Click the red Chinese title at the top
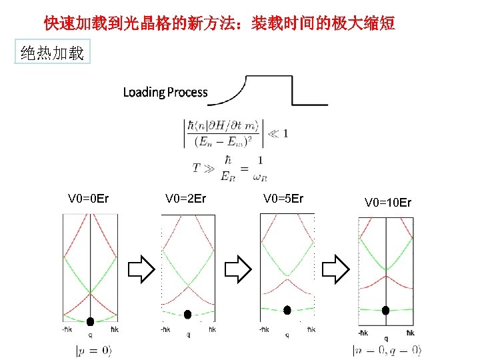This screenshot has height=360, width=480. pyautogui.click(x=219, y=24)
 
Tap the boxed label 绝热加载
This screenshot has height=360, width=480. pyautogui.click(x=53, y=53)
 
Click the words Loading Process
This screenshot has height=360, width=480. pyautogui.click(x=165, y=93)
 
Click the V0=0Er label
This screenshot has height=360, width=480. pyautogui.click(x=89, y=199)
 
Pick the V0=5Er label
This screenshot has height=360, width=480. pyautogui.click(x=283, y=199)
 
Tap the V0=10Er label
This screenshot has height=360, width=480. pyautogui.click(x=388, y=202)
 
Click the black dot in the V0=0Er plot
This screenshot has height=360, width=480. pyautogui.click(x=90, y=321)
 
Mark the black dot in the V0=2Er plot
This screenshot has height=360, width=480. pyautogui.click(x=188, y=314)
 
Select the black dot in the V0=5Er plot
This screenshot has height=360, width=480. pyautogui.click(x=288, y=309)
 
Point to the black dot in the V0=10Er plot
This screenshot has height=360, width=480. pyautogui.click(x=385, y=310)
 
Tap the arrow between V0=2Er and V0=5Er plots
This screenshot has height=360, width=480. pyautogui.click(x=237, y=269)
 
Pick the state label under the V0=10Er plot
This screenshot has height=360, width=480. pyautogui.click(x=387, y=350)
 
